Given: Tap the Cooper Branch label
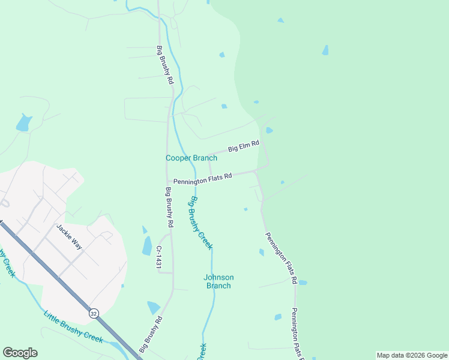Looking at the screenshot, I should click(191, 158).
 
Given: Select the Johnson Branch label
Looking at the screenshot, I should click(218, 281).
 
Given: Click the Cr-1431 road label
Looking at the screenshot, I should click(160, 256).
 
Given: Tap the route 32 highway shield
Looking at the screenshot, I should click(93, 313).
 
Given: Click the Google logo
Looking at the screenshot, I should click(20, 353).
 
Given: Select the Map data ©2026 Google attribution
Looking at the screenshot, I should click(412, 355).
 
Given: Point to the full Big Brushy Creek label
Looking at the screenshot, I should click(202, 223).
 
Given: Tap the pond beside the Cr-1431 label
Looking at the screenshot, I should click(147, 245).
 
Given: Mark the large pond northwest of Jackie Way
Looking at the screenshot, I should click(24, 123).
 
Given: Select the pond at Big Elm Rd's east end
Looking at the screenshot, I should click(269, 130).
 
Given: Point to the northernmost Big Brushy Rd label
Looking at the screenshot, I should click(165, 64).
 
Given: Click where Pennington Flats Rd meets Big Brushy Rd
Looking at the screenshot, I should click(167, 183).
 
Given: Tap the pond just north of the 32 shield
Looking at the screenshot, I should click(154, 308).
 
